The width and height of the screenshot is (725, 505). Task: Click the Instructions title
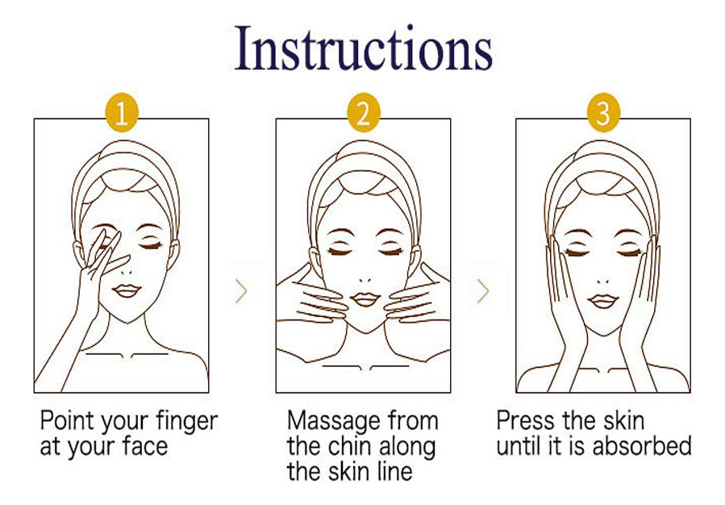pos(363,48)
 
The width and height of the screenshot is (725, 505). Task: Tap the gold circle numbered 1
pos(122,112)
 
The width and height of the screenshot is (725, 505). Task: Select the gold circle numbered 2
pos(364,112)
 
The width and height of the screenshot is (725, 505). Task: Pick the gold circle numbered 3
pos(603,112)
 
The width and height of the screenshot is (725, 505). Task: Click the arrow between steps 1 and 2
pos(241,291)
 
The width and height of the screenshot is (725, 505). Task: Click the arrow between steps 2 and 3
pos(483,291)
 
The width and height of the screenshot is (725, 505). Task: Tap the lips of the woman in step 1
pos(127,291)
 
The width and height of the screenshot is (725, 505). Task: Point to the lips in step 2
pos(365,298)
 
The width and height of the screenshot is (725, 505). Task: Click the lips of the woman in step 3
pos(603,301)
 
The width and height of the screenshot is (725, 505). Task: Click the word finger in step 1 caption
pos(186,422)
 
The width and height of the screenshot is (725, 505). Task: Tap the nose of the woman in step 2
pos(365,280)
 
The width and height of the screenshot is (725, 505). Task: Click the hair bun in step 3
pos(603,181)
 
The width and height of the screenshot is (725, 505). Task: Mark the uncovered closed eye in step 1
pos(151,245)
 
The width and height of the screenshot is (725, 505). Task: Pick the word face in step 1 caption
pos(144,446)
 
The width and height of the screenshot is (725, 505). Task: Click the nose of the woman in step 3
pos(603,282)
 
